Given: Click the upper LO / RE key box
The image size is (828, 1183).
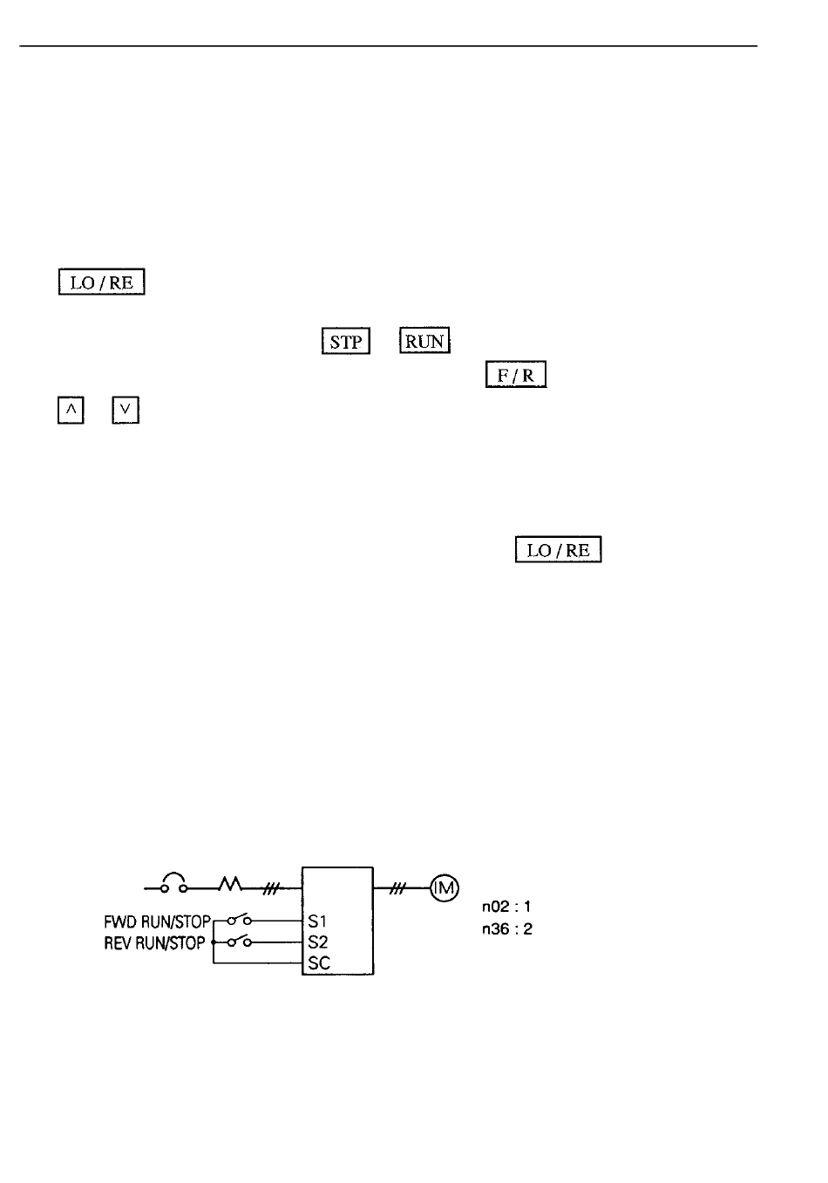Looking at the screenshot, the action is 101,282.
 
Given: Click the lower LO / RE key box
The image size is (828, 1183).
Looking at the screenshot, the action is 558,549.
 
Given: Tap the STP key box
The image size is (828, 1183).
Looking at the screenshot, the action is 346,341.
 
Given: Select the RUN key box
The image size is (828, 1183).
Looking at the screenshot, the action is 424,340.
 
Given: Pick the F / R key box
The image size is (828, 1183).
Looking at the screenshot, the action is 516,374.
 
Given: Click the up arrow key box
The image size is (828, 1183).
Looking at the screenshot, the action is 71,410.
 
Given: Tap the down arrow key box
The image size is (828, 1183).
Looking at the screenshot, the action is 126,410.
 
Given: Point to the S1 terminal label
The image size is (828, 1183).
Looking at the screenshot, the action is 317,921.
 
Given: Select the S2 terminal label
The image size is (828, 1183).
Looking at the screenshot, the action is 318,942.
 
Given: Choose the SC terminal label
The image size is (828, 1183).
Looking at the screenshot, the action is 319,963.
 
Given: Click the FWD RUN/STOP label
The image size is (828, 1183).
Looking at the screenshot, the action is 158,922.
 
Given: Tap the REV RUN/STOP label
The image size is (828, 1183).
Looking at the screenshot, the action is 154,942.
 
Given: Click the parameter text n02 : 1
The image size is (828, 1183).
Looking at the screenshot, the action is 506,907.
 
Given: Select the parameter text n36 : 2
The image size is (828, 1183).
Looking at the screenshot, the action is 507,928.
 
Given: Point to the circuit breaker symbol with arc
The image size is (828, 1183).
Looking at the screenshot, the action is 173,883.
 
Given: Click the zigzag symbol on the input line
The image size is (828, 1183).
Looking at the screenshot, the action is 230,884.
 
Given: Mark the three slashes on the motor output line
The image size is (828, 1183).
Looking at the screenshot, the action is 397,889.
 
